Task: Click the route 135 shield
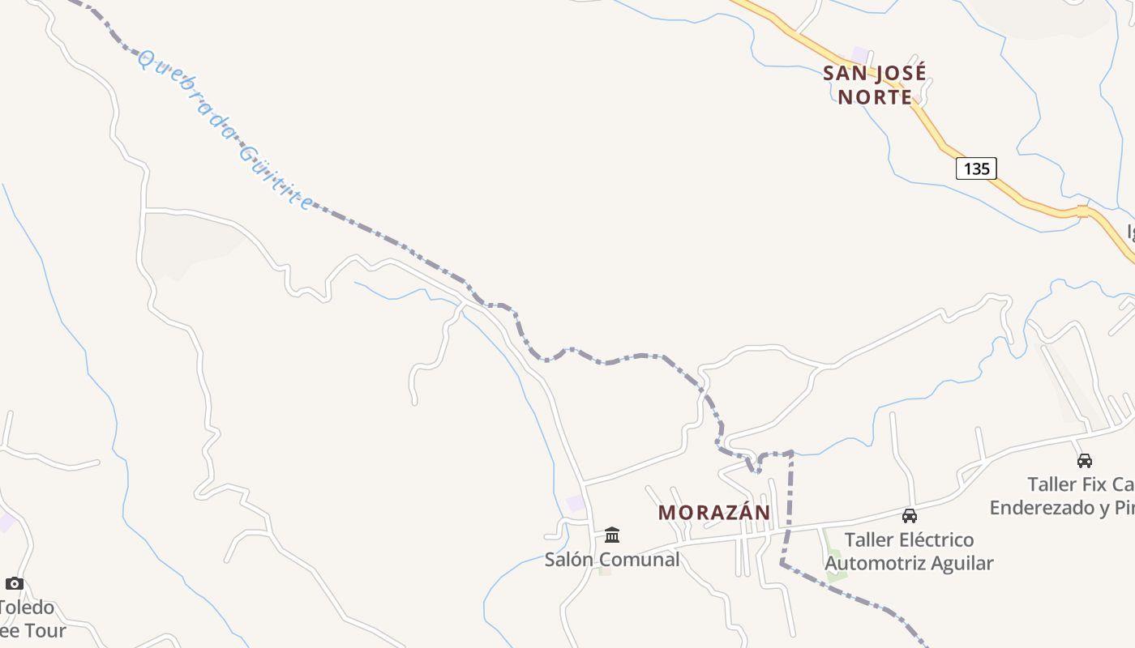coord(976,168)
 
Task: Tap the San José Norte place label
coord(875,85)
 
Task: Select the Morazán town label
coord(713,513)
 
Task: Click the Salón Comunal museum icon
coord(612,535)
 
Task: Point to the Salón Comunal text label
coord(612,560)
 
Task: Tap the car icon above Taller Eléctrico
coord(910,516)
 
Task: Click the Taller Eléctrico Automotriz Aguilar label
coord(909,552)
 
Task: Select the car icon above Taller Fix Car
coord(1084,461)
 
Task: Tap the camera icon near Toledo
coord(15,583)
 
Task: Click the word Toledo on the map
coord(27,607)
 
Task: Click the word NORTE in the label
coord(875,97)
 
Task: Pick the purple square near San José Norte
coord(859,54)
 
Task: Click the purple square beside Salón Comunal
coord(576,503)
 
